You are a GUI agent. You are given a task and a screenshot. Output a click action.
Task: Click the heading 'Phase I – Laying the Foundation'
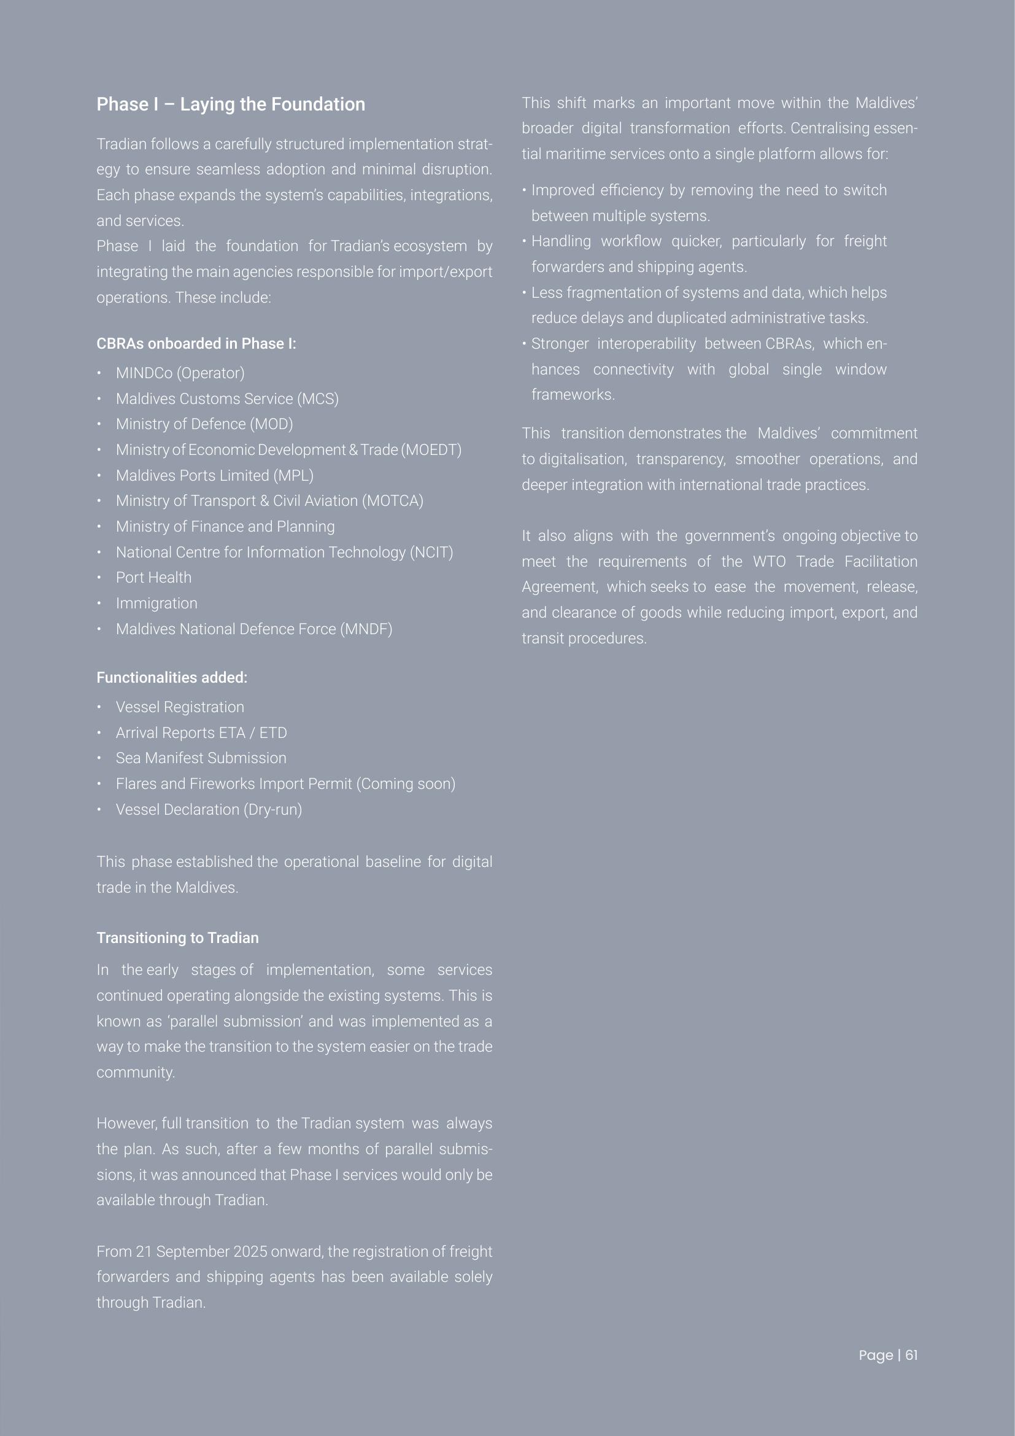click(231, 104)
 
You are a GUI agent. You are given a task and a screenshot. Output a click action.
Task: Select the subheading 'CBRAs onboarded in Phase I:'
click(196, 344)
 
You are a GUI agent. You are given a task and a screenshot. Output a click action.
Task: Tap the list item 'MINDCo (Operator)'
click(180, 373)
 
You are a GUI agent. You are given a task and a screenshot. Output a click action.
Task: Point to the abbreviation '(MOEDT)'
click(431, 450)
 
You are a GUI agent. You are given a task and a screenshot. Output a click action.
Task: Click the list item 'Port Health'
click(154, 578)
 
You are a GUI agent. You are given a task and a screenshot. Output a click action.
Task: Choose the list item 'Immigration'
click(156, 604)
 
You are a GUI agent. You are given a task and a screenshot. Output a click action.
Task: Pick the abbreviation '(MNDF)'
click(366, 629)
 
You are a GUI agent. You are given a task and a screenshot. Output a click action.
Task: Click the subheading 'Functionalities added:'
click(172, 678)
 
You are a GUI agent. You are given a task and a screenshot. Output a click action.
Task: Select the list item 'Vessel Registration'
click(180, 707)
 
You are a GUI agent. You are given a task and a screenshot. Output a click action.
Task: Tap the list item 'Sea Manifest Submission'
click(201, 758)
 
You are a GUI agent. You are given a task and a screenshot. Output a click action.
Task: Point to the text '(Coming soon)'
click(406, 783)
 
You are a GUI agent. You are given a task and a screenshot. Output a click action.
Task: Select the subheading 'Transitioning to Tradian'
click(177, 938)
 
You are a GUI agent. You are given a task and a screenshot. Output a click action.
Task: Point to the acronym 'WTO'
click(769, 562)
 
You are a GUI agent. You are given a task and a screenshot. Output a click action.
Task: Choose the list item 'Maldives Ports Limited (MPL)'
click(214, 476)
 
